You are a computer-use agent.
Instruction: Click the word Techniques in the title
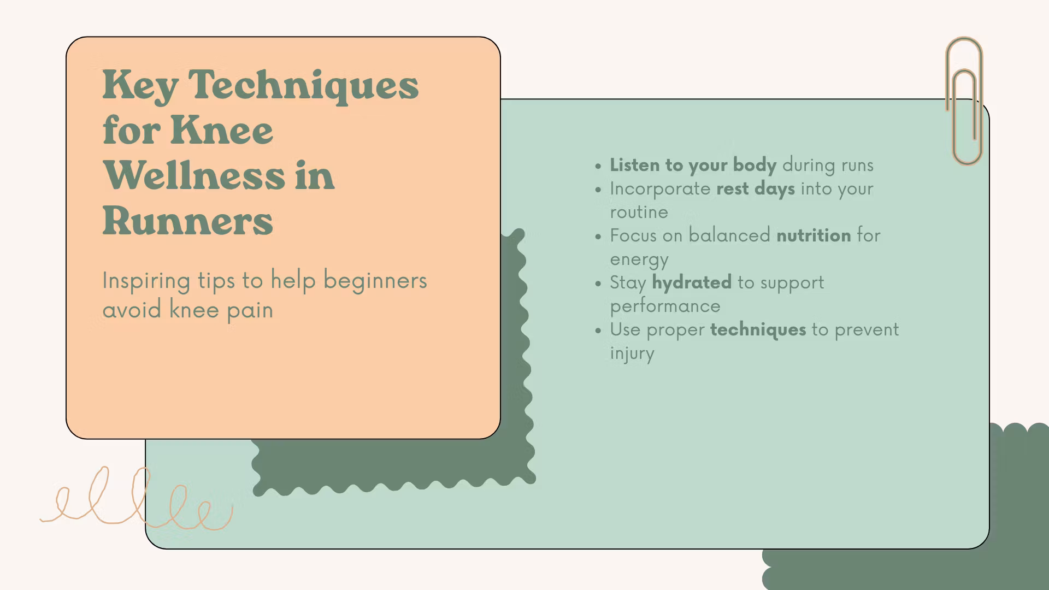(x=303, y=85)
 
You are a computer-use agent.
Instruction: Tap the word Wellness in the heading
(x=194, y=175)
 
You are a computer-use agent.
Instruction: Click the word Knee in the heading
(x=222, y=130)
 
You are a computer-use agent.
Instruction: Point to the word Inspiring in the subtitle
(x=146, y=281)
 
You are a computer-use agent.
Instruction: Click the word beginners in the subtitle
(x=375, y=280)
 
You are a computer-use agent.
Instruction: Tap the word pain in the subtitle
(x=250, y=310)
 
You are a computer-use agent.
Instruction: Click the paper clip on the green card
(x=964, y=101)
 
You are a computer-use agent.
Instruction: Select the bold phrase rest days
(x=756, y=188)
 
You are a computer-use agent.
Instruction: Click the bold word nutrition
(x=814, y=235)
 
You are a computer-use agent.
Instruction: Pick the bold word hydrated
(x=692, y=282)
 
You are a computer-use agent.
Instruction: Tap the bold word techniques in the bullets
(x=758, y=330)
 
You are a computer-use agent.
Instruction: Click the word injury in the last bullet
(x=632, y=353)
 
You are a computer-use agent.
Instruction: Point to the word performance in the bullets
(x=665, y=306)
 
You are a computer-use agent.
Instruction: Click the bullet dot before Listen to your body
(x=598, y=166)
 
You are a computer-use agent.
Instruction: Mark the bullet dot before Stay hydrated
(x=598, y=284)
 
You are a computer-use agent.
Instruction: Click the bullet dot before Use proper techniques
(x=598, y=331)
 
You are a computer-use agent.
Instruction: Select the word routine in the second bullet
(x=639, y=212)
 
